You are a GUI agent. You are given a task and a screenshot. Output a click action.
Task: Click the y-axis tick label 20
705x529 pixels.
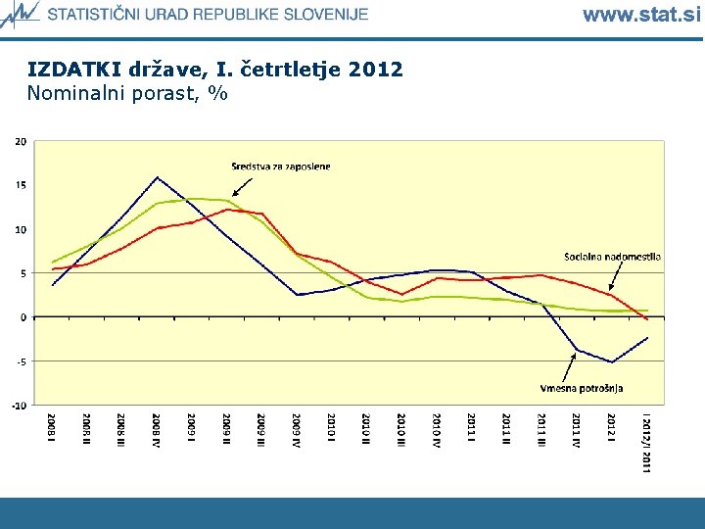click(21, 141)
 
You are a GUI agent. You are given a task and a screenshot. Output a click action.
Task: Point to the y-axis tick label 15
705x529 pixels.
click(21, 185)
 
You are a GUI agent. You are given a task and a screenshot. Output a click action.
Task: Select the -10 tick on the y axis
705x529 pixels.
click(20, 405)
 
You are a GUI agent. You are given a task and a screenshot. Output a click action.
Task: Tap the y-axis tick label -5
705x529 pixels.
click(22, 361)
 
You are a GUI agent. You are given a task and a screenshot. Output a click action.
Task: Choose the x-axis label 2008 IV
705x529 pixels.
click(157, 430)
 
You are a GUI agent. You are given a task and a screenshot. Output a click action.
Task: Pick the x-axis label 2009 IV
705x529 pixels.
click(296, 430)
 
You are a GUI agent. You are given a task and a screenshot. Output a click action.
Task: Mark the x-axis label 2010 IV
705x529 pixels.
click(436, 430)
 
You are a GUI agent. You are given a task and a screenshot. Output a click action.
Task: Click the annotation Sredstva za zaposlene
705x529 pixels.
click(281, 167)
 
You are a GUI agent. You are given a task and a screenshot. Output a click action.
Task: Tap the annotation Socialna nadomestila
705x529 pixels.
click(612, 257)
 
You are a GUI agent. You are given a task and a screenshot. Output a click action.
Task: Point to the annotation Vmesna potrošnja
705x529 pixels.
click(582, 388)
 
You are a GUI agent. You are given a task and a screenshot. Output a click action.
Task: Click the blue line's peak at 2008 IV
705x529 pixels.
click(157, 177)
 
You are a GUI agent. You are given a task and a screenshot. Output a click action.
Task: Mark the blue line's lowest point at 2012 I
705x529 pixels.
click(611, 362)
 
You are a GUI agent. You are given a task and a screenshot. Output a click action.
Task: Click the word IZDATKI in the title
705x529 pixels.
click(74, 71)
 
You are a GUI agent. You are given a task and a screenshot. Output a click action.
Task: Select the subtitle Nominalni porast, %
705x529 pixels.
click(127, 94)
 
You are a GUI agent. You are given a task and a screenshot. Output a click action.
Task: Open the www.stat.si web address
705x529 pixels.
click(641, 15)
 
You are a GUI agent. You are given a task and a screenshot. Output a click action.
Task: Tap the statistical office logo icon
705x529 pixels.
click(21, 14)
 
